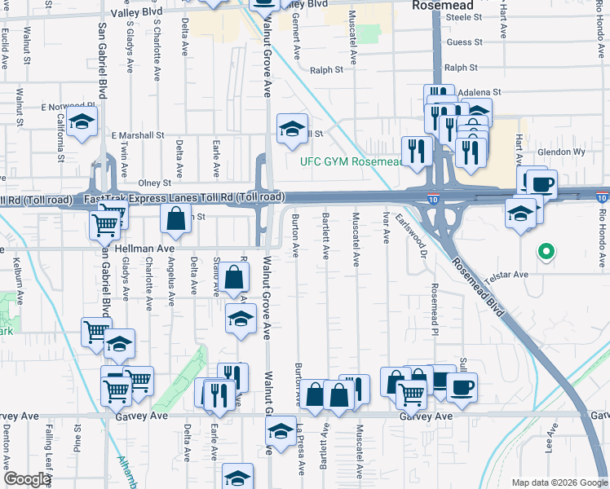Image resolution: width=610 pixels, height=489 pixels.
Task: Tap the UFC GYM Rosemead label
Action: [x=352, y=161]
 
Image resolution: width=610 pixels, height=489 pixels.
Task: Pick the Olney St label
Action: [x=154, y=183]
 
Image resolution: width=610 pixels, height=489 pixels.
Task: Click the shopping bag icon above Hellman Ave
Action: [x=175, y=218]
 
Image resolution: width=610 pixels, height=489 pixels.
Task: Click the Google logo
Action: [x=26, y=480]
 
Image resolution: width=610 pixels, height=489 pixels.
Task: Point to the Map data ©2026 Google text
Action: [x=559, y=482]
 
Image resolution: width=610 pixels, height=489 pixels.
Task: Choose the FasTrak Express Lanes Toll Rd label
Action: [x=183, y=198]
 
